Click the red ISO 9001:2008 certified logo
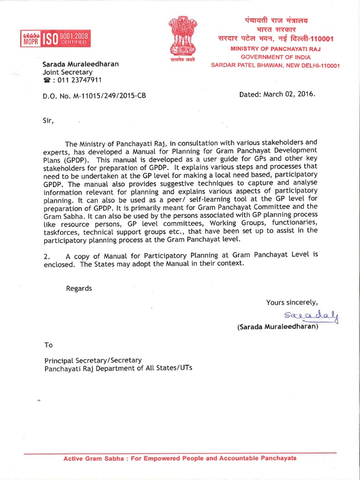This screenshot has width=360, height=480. point(54,38)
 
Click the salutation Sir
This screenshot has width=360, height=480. point(48,120)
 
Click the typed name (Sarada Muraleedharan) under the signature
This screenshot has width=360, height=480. point(278,327)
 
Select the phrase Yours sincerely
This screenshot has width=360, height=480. point(292,302)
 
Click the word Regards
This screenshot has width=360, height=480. point(79,288)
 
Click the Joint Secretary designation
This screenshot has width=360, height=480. point(67,72)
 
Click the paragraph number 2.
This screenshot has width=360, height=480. point(46,255)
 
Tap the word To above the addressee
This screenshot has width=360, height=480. point(49,345)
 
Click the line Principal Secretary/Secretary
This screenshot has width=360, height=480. point(93,360)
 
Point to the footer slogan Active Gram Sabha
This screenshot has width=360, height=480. point(180,458)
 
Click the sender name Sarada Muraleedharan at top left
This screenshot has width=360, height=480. point(81,64)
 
